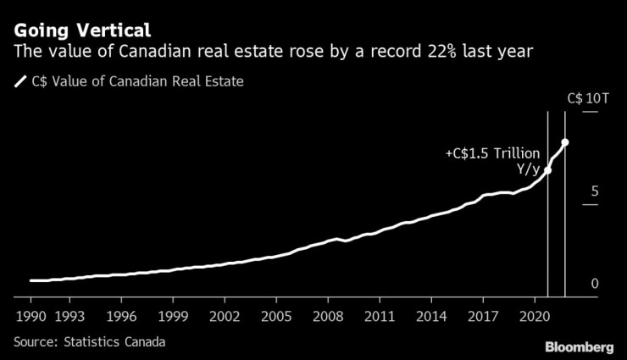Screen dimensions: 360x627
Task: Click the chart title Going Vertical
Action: pos(82,30)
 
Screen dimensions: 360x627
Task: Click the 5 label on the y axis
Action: pos(594,191)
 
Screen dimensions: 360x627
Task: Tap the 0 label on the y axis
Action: pos(595,284)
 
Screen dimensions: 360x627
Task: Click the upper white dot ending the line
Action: pos(565,142)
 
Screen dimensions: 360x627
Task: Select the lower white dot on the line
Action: pos(547,170)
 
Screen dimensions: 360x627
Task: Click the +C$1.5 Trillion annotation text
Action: pos(492,153)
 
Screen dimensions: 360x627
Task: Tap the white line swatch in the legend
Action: pos(19,83)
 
